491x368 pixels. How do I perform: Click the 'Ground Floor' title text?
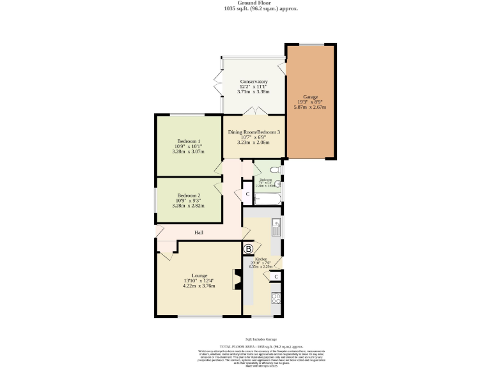point(245,3)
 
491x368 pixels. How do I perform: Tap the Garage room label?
point(310,96)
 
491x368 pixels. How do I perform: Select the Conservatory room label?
point(253,82)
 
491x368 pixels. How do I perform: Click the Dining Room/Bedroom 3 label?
point(254,132)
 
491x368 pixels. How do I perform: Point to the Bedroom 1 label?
point(189,141)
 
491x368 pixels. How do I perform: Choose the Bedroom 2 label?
point(189,195)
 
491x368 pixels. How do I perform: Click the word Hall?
point(199,232)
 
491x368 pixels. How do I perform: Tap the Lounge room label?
point(199,275)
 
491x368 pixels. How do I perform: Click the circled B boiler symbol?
point(249,248)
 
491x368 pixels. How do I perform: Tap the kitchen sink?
point(276,224)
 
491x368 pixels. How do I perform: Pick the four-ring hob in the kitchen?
point(276,297)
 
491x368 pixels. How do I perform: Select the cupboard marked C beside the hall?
point(246,194)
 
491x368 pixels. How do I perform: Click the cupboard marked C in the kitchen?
point(276,276)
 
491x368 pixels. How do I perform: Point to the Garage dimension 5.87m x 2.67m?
point(310,107)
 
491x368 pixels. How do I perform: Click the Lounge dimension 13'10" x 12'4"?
point(199,280)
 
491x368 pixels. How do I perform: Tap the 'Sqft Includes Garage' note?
point(245,339)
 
